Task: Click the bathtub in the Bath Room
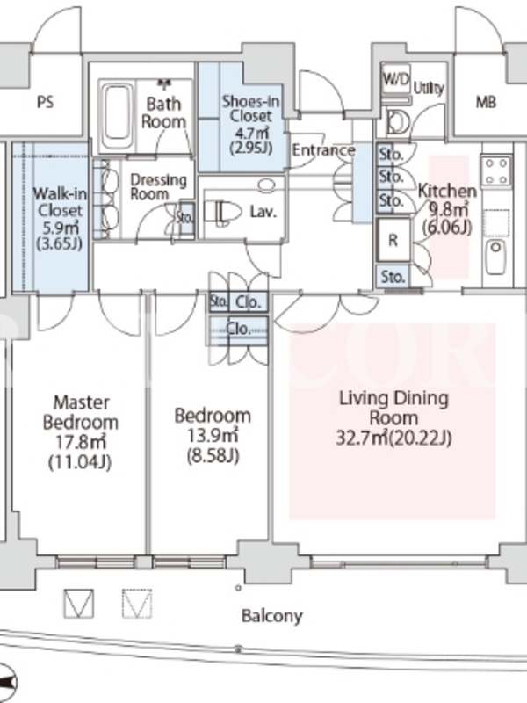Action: tap(117, 117)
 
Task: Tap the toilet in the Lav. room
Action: tap(222, 211)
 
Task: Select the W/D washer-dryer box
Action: tap(397, 80)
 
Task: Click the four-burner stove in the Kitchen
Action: tap(496, 170)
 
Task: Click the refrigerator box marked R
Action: tap(393, 240)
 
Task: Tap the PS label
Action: tap(45, 103)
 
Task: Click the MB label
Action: tap(486, 103)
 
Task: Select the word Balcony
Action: tap(271, 616)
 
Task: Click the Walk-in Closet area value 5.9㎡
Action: tap(60, 228)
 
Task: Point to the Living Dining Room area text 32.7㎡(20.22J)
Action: tap(393, 438)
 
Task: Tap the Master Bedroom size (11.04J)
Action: tap(80, 462)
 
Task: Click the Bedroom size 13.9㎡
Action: tap(213, 435)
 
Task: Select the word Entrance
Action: tap(323, 150)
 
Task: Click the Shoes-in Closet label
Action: tap(251, 108)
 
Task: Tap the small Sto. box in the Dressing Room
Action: tap(185, 218)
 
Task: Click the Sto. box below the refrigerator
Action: tap(393, 276)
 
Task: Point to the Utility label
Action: tap(429, 88)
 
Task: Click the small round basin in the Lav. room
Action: tap(267, 185)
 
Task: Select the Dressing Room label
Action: tap(158, 187)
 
